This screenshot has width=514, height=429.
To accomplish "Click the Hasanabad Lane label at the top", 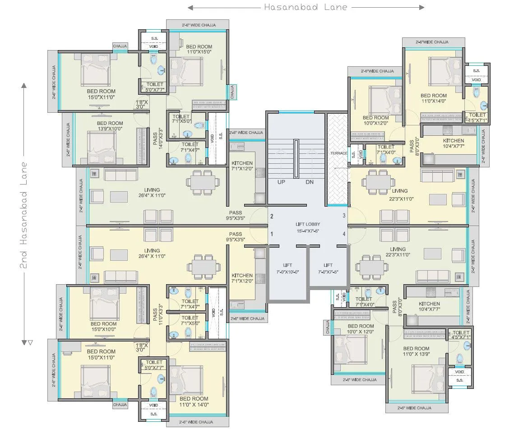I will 306,7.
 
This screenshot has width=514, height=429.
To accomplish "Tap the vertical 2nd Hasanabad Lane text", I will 24,216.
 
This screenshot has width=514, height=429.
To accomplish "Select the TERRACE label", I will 338,153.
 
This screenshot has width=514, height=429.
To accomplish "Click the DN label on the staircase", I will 309,182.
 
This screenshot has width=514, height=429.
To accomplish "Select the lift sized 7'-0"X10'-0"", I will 288,269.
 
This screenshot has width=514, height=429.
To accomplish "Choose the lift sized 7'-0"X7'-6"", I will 328,269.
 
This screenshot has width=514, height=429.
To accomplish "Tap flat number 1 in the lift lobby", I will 272,234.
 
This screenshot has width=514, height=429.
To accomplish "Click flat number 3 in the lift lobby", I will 344,216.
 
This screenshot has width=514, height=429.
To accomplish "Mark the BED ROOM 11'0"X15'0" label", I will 199,49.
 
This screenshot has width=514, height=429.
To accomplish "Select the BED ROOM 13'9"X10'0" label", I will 110,126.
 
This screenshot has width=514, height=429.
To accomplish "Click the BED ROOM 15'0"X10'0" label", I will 103,327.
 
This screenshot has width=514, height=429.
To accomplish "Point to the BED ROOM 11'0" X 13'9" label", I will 416,351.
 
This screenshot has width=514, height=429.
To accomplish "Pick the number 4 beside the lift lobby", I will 344,234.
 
